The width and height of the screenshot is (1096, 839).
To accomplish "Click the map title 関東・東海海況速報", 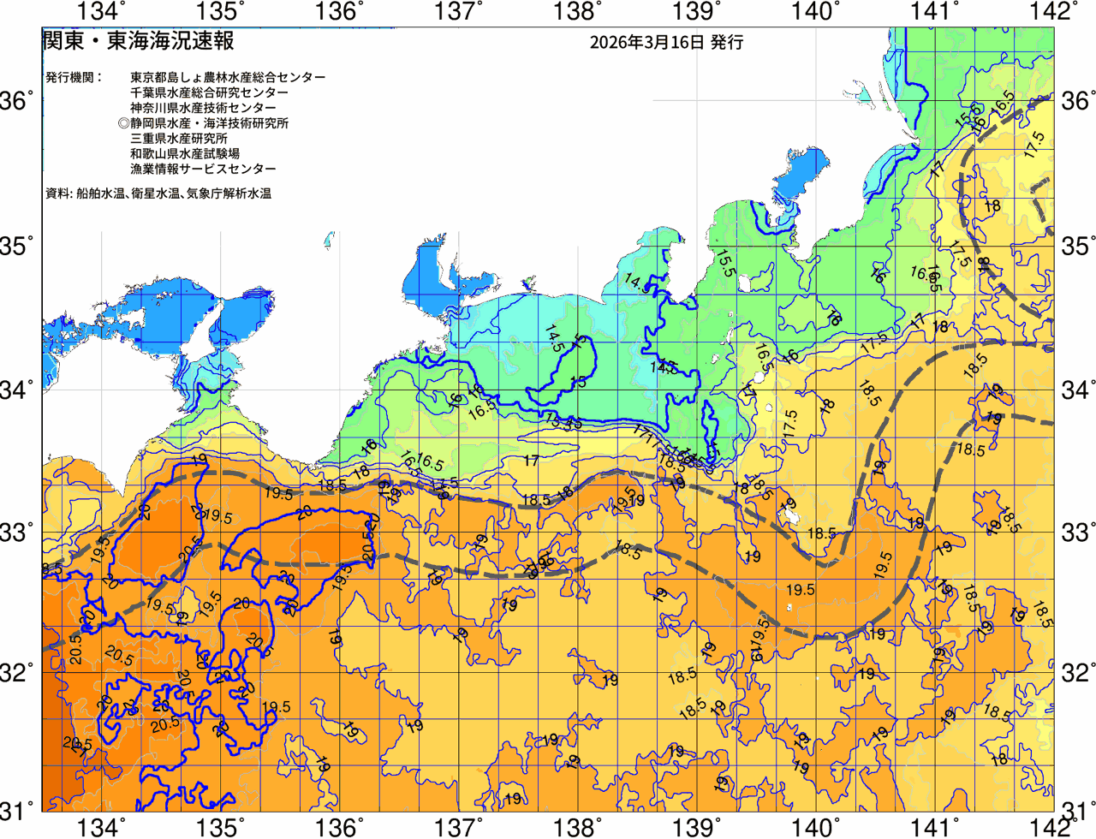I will (x=138, y=41).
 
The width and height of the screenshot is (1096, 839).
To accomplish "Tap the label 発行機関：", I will (x=74, y=77).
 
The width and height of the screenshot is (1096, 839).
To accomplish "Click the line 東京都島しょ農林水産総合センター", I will (x=228, y=77).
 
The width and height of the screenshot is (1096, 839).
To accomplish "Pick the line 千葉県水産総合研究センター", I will (x=209, y=92).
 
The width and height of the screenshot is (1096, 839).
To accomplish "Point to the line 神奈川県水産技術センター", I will (x=203, y=108).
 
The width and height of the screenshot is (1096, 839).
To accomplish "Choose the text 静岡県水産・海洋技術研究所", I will (x=210, y=123).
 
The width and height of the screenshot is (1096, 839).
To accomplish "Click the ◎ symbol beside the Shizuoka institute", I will (x=123, y=123).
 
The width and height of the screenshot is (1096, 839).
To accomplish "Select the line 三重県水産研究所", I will (x=179, y=139).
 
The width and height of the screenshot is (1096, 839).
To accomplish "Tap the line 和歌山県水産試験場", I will (x=185, y=154).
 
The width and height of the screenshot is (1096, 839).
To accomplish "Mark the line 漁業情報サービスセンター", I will (x=203, y=170).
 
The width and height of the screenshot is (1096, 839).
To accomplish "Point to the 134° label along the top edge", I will (x=101, y=12).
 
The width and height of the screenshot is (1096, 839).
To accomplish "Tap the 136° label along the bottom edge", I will (x=339, y=827).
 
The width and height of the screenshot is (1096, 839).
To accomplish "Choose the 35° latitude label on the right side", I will (x=1077, y=247).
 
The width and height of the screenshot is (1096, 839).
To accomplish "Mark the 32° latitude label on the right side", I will (x=1077, y=672).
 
